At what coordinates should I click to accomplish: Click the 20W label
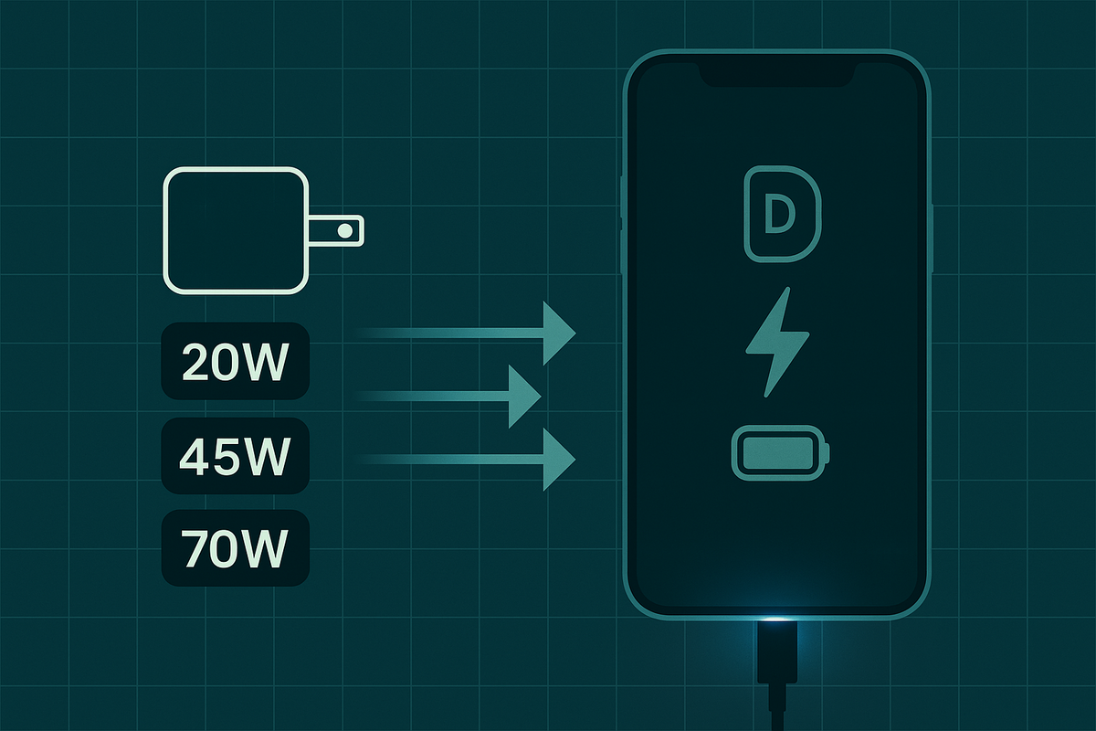coord(236,361)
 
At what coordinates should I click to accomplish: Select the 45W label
coord(236,454)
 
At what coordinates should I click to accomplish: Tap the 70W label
coord(236,547)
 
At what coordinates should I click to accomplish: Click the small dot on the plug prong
coord(344,230)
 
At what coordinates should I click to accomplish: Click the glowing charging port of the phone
coord(777,622)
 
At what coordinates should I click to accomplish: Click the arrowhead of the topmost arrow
coord(557,333)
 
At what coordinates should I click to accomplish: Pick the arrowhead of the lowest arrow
coord(557,459)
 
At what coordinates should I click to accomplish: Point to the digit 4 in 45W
coord(196,454)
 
